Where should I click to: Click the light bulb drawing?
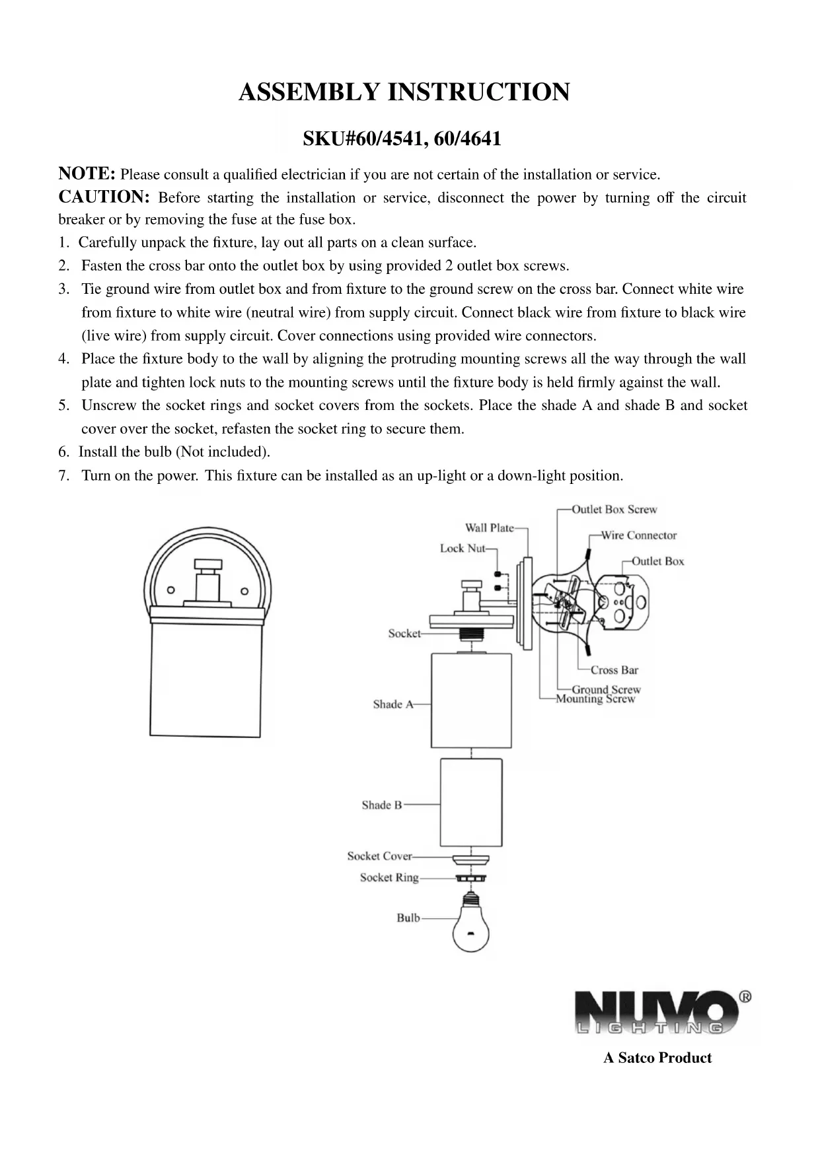[x=470, y=926]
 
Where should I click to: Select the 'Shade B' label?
[x=381, y=805]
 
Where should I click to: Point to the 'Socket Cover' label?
[x=379, y=856]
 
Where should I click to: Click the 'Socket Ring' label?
[x=389, y=877]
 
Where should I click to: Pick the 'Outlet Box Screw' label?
[x=614, y=510]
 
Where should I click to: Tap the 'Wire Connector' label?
[x=638, y=535]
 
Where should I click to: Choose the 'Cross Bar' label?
[x=614, y=670]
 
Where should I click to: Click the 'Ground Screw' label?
[x=606, y=689]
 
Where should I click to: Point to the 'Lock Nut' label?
[x=463, y=549]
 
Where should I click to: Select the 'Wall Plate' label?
[x=489, y=528]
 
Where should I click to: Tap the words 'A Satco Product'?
[x=657, y=1058]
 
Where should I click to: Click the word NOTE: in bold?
[x=87, y=174]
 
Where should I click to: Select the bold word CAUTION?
[x=104, y=197]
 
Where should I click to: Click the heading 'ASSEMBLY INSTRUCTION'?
[x=404, y=92]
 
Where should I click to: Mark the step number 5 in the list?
[x=63, y=405]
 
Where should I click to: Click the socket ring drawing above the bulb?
[x=470, y=878]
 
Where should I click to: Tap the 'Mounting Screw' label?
[x=595, y=699]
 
